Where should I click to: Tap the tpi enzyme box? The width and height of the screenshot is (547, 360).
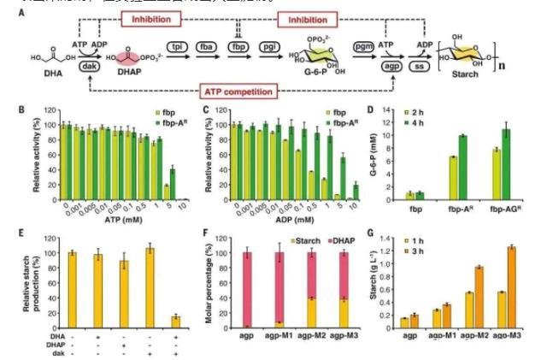click(179, 46)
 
